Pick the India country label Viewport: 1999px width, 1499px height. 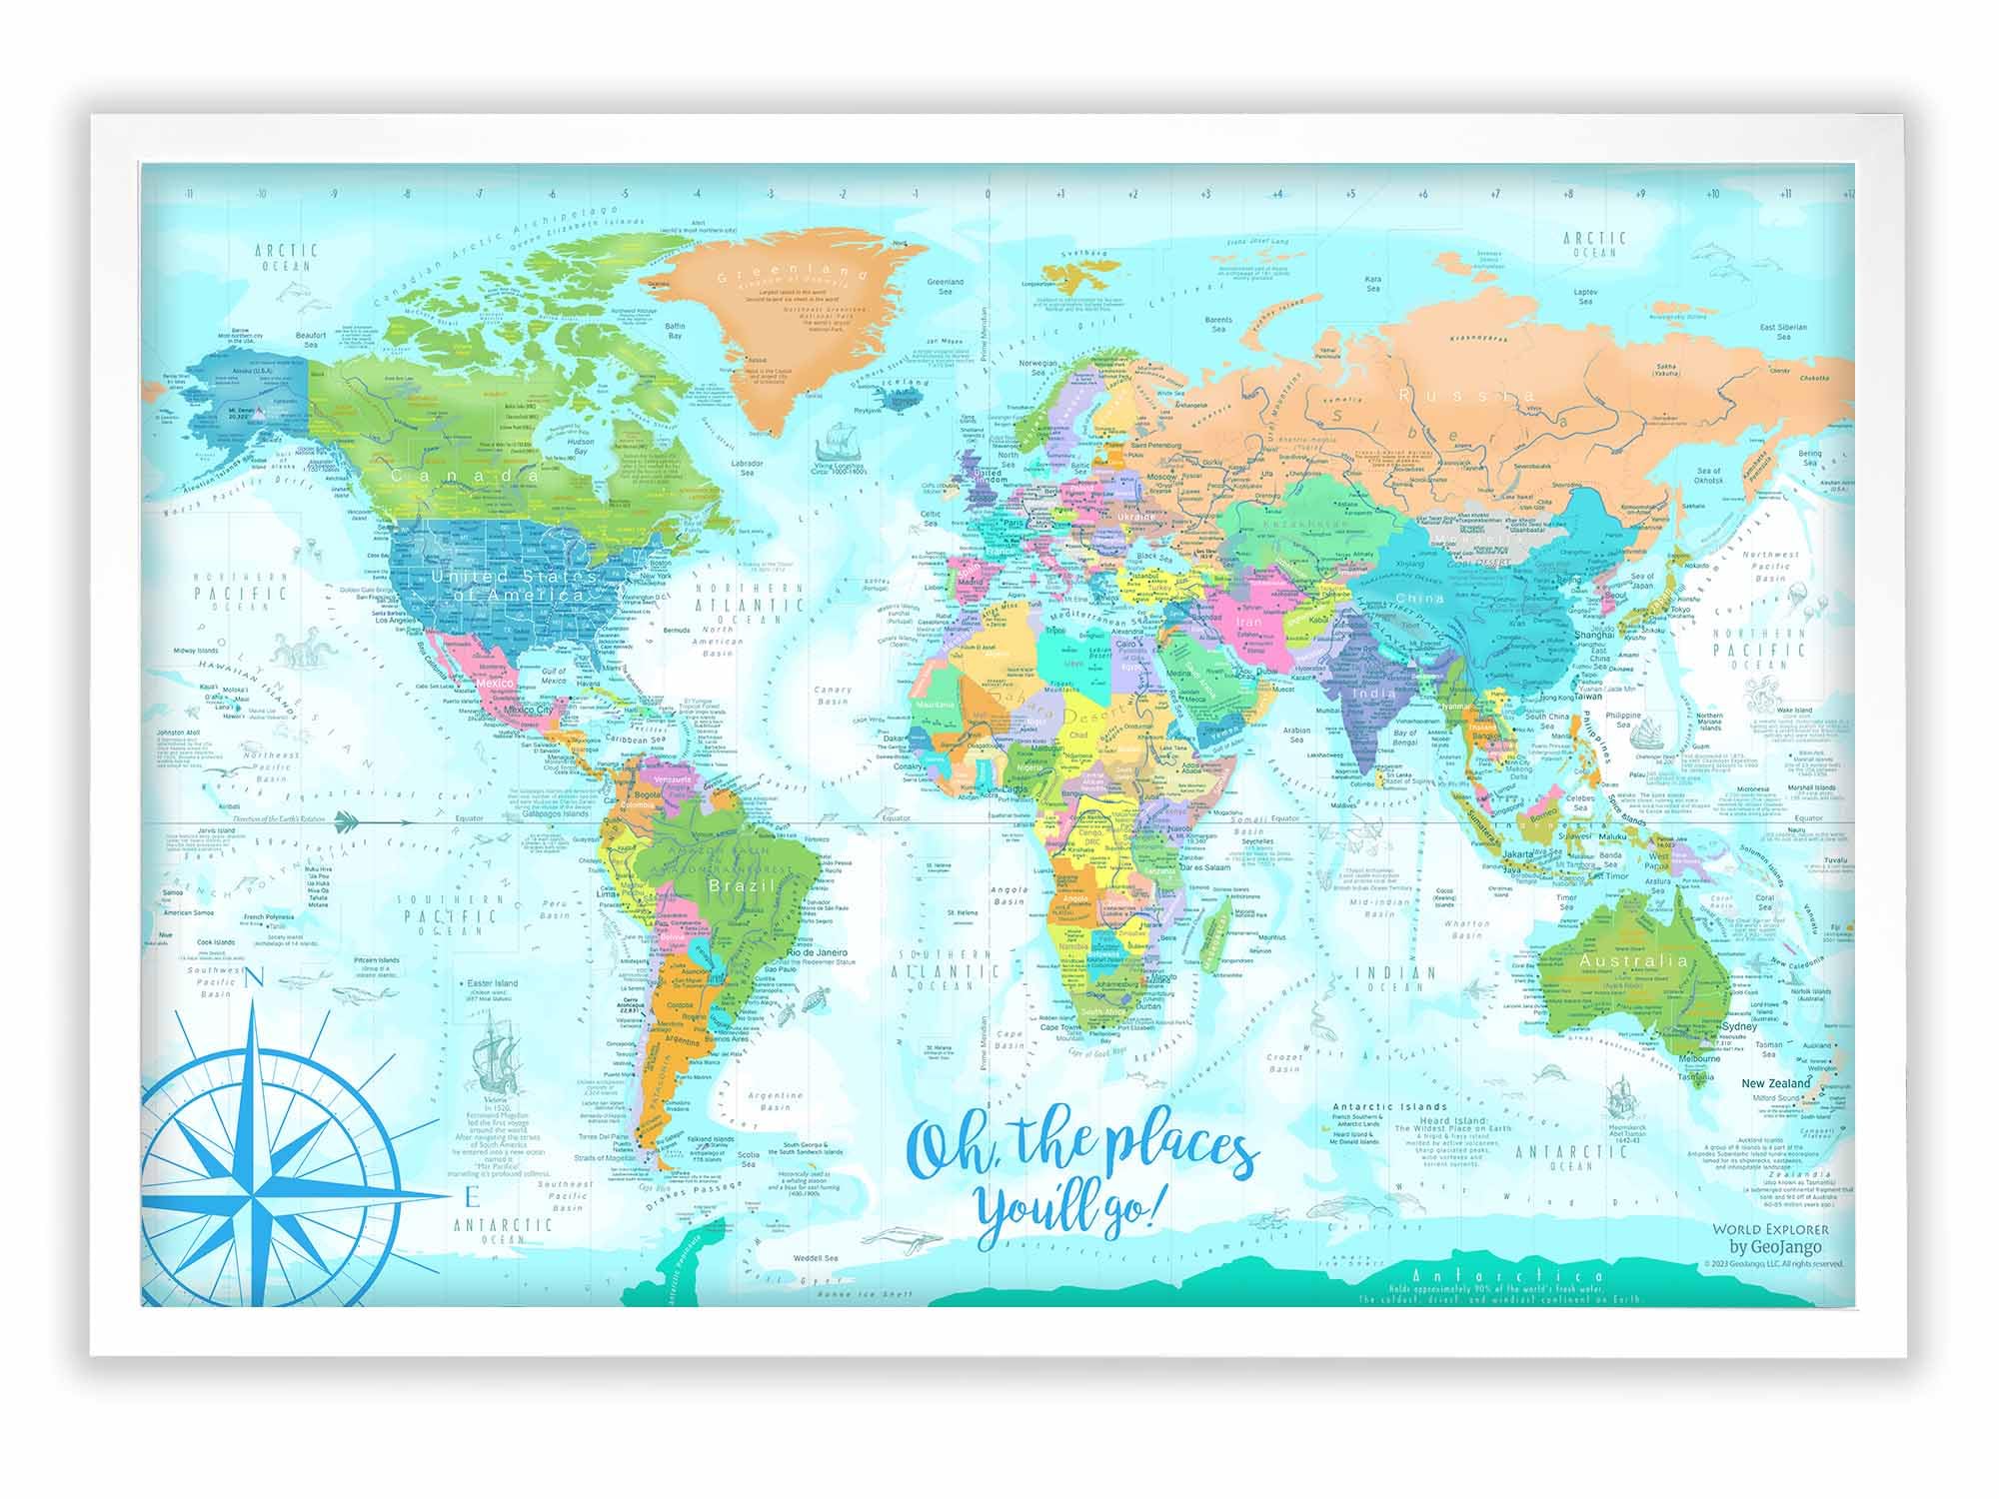[1374, 693]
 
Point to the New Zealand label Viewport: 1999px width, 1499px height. [1775, 1083]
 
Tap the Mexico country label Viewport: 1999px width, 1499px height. [494, 684]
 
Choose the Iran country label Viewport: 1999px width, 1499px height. [1249, 622]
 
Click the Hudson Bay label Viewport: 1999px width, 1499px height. [580, 447]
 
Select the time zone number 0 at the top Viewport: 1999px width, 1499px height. [988, 195]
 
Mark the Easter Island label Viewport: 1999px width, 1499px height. [492, 983]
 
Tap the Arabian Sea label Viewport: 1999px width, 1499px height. [1296, 736]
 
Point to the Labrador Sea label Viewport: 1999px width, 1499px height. [747, 469]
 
